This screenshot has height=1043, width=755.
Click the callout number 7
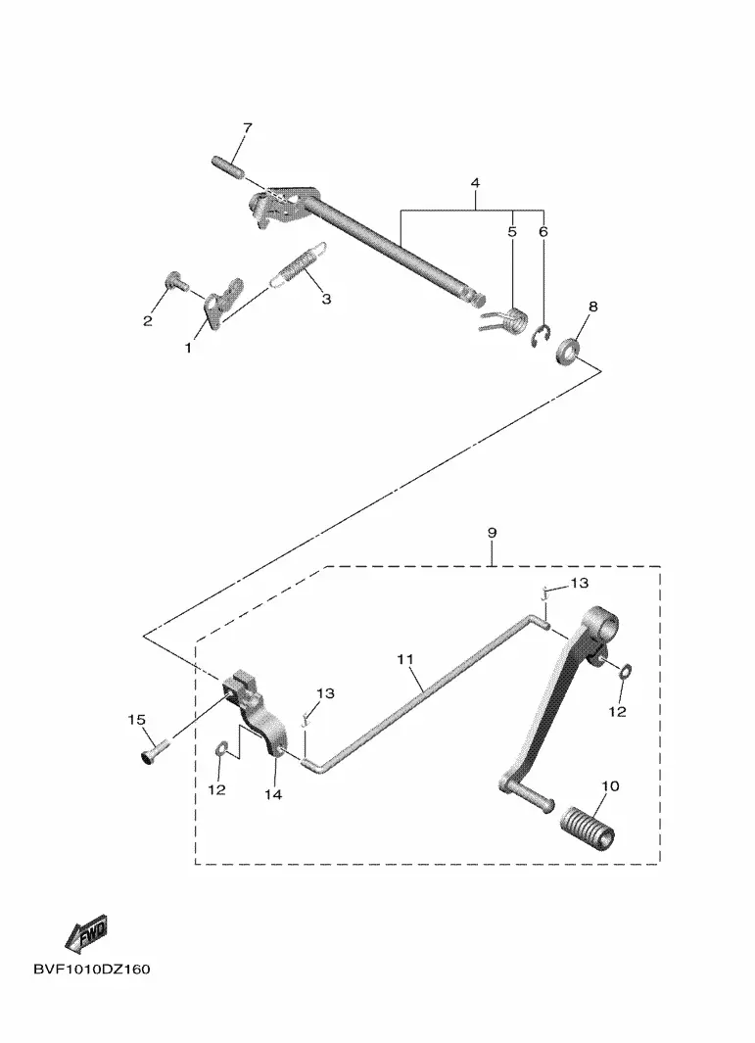pyautogui.click(x=247, y=128)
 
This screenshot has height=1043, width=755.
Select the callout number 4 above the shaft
pyautogui.click(x=474, y=183)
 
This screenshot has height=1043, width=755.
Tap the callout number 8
pyautogui.click(x=591, y=307)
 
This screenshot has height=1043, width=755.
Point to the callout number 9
pyautogui.click(x=492, y=533)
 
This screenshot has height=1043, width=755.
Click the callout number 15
pyautogui.click(x=136, y=721)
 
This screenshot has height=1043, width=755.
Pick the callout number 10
pyautogui.click(x=610, y=786)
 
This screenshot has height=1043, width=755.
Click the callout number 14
pyautogui.click(x=272, y=795)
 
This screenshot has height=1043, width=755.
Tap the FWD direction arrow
pyautogui.click(x=86, y=933)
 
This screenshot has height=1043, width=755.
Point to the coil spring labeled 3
pyautogui.click(x=296, y=267)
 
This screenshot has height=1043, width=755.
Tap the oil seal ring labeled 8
pyautogui.click(x=569, y=350)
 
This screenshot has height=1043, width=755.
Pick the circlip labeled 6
pyautogui.click(x=540, y=339)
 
